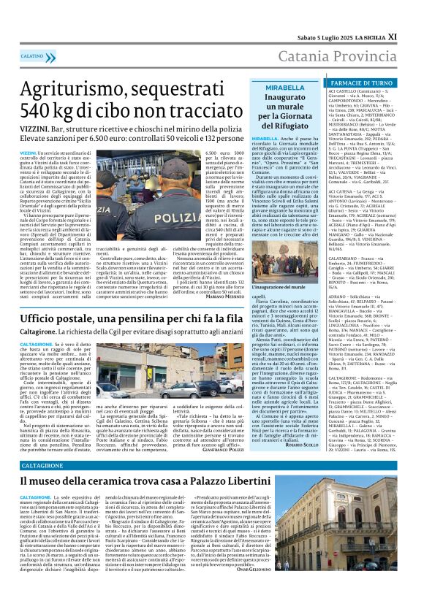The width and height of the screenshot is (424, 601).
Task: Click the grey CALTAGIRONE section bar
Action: coord(47,465)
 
